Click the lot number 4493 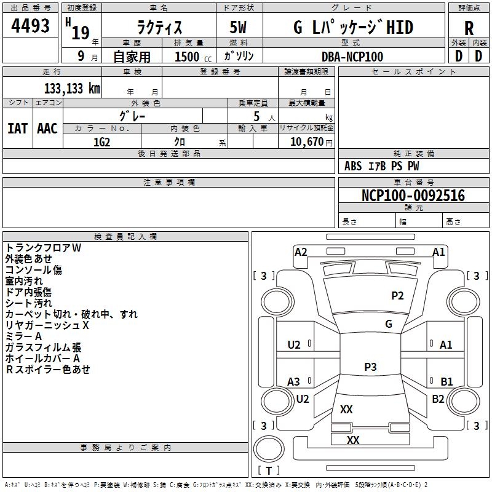tap(30, 26)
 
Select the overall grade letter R tap(469, 28)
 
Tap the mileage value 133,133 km tap(72, 89)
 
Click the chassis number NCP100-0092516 tap(413, 195)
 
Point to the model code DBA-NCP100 tap(352, 57)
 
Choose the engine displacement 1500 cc tap(193, 57)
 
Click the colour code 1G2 tap(102, 142)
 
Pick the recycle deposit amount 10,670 tap(307, 142)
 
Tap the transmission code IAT tap(18, 129)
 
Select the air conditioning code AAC tap(47, 129)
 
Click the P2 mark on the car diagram tap(397, 296)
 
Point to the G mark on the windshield tap(389, 323)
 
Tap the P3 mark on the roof tap(370, 367)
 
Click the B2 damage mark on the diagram tap(438, 399)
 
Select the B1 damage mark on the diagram tap(446, 381)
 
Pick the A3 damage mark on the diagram tap(294, 381)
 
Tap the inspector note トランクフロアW tap(43, 248)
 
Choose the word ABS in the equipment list tap(353, 166)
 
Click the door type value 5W tap(238, 27)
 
